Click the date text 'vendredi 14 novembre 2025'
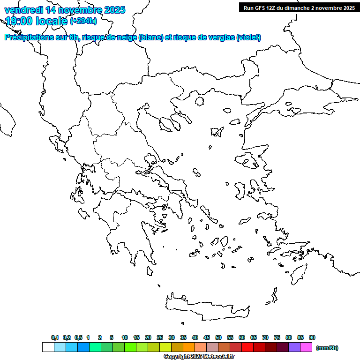pyautogui.click(x=65, y=10)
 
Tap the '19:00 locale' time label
pyautogui.click(x=36, y=21)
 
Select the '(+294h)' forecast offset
pyautogui.click(x=83, y=21)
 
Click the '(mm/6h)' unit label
pyautogui.click(x=327, y=348)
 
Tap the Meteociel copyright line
pyautogui.click(x=199, y=357)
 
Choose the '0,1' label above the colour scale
pyautogui.click(x=55, y=337)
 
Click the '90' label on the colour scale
pyautogui.click(x=312, y=337)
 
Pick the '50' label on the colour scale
pyautogui.click(x=218, y=337)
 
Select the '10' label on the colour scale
pyautogui.click(x=125, y=337)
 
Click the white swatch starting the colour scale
pyautogui.click(x=48, y=347)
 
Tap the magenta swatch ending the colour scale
pyautogui.click(x=306, y=347)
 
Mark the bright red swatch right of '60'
pyautogui.click(x=247, y=347)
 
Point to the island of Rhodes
pyautogui.click(x=298, y=275)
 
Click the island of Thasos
pyautogui.click(x=199, y=101)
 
